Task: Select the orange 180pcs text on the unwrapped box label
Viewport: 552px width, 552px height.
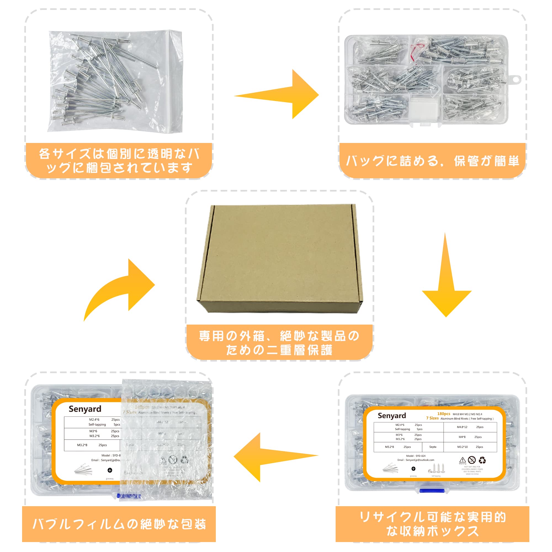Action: pyautogui.click(x=444, y=414)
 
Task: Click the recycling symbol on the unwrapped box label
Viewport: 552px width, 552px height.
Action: pyautogui.click(x=482, y=460)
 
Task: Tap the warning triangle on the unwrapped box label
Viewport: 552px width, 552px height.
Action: pyautogui.click(x=462, y=460)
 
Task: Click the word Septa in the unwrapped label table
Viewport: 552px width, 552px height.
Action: pyautogui.click(x=432, y=447)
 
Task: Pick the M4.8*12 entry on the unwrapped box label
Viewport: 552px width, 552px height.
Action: pyautogui.click(x=462, y=427)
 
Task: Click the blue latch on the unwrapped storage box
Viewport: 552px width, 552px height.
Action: pyautogui.click(x=433, y=490)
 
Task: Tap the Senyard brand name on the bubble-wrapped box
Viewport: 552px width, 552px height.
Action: pyautogui.click(x=85, y=409)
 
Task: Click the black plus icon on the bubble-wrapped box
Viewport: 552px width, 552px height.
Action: pyautogui.click(x=110, y=470)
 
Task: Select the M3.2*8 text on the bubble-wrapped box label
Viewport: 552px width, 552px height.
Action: pyautogui.click(x=82, y=445)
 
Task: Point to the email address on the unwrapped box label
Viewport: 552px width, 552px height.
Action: pyautogui.click(x=416, y=460)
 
